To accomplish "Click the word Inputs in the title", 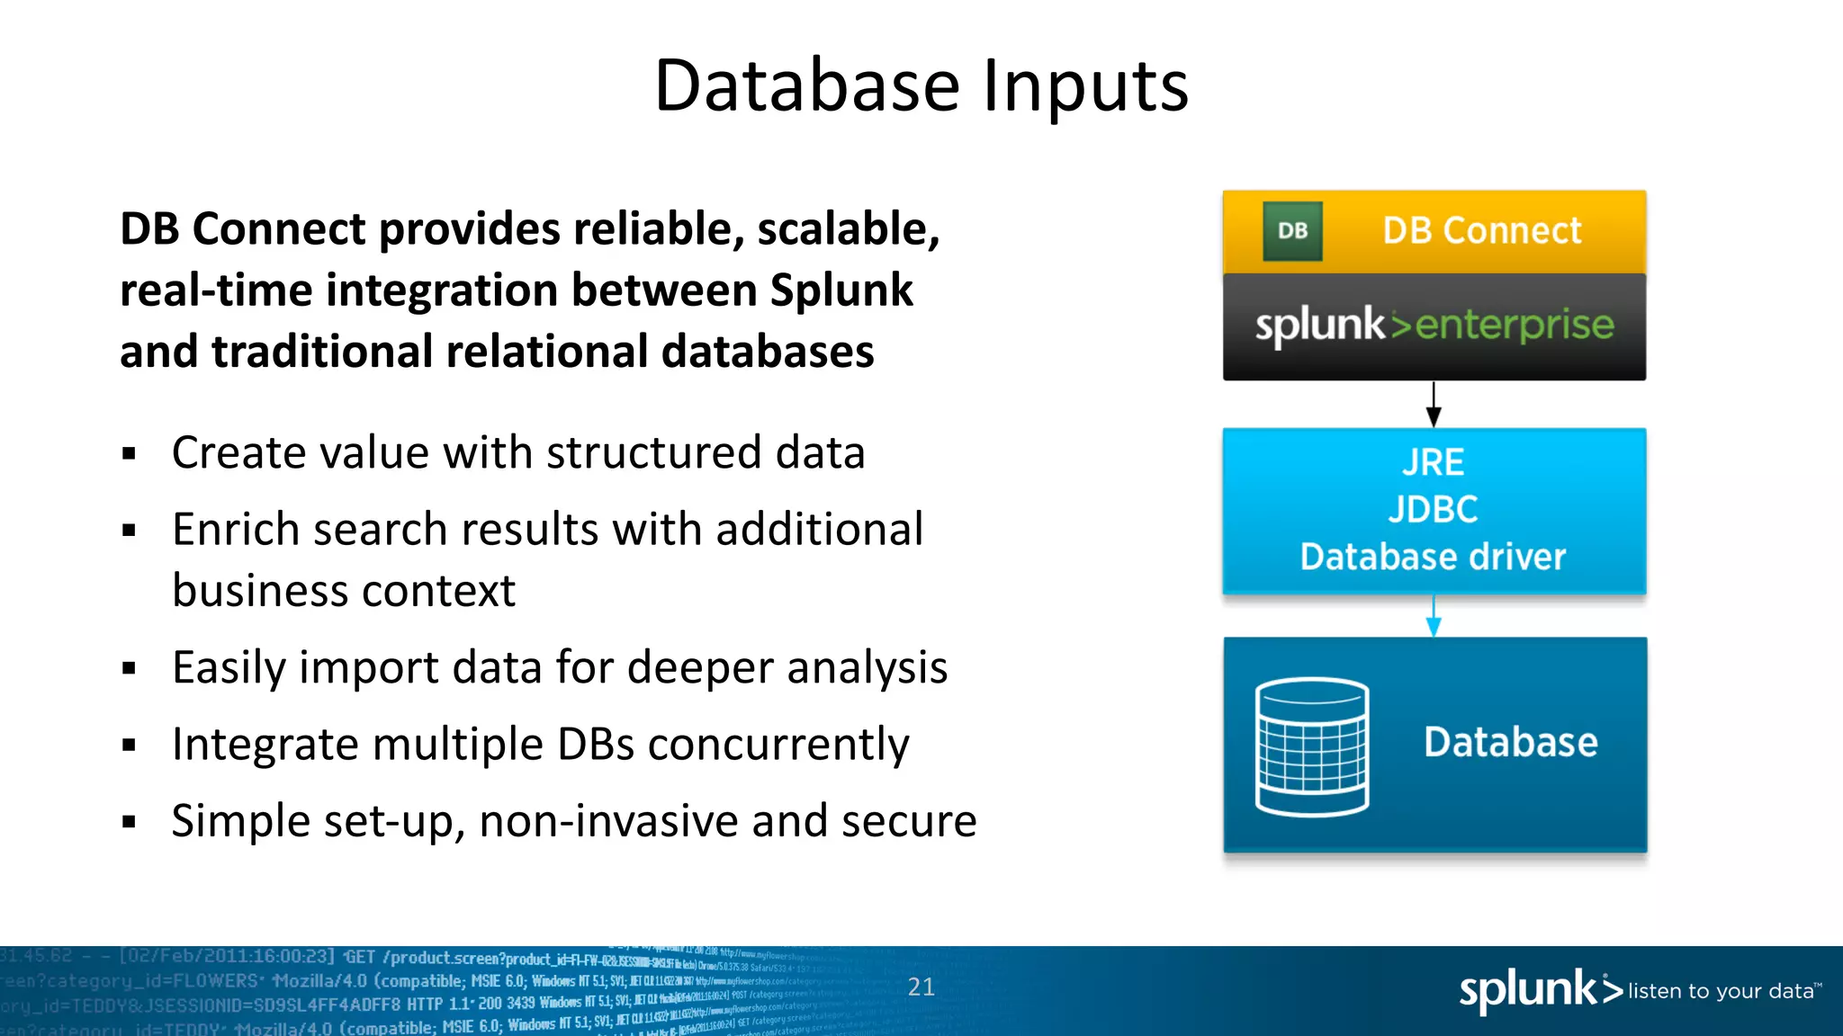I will tap(1085, 86).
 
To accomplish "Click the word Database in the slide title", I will tap(807, 86).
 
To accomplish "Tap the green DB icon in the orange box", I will tap(1292, 231).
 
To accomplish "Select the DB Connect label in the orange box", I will tap(1481, 231).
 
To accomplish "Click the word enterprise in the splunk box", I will tap(1515, 325).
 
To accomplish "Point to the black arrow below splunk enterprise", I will tap(1434, 404).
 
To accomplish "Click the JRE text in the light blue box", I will tap(1433, 463).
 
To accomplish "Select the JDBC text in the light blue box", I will tap(1433, 510).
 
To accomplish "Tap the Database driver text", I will tap(1433, 558).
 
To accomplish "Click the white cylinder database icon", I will tap(1312, 746).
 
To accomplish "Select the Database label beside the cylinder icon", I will tap(1510, 743).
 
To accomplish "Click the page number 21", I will tap(921, 987).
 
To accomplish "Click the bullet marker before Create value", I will tap(130, 454).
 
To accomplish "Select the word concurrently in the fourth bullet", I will tap(778, 745).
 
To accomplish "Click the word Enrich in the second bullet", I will tap(235, 530).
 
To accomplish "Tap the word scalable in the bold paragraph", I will tap(848, 229).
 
